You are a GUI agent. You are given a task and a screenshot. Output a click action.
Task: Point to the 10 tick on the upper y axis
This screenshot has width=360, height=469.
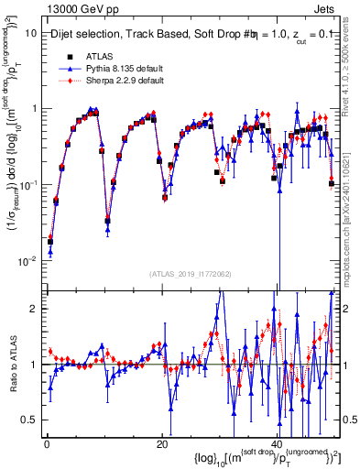point(30,32)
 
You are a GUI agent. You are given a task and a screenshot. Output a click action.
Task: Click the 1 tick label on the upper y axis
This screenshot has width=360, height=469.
point(33,108)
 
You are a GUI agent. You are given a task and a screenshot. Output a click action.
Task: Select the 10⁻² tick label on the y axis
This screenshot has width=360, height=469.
point(27,261)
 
